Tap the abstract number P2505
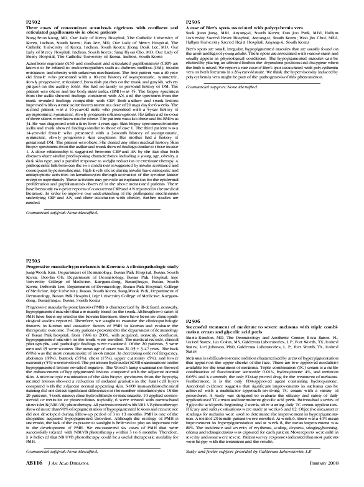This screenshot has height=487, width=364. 196,22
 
